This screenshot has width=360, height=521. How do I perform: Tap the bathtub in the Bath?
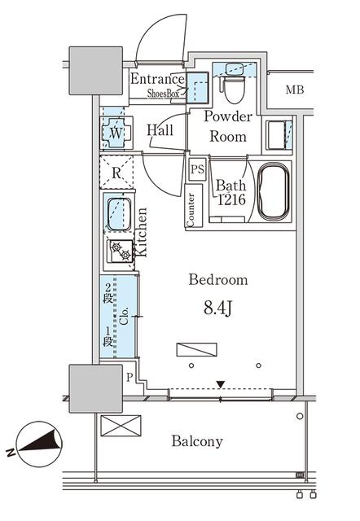click(x=274, y=192)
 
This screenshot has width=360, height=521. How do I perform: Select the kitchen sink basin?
click(x=119, y=214)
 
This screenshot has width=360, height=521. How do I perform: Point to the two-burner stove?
click(x=120, y=251)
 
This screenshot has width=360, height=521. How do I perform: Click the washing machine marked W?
click(x=116, y=133)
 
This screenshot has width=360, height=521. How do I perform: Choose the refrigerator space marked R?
click(x=116, y=173)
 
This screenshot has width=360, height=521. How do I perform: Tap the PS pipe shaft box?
click(x=197, y=169)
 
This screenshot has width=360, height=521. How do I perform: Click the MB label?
click(x=295, y=90)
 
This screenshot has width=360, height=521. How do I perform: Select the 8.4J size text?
click(x=217, y=308)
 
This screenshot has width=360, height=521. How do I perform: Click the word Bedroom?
click(x=218, y=280)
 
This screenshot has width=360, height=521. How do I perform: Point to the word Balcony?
click(x=197, y=441)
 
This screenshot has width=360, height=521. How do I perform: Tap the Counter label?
click(x=191, y=210)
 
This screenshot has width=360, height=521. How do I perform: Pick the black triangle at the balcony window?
click(x=221, y=384)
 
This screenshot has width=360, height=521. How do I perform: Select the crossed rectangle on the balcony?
click(x=121, y=426)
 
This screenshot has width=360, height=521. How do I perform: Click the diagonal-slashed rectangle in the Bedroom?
click(x=196, y=350)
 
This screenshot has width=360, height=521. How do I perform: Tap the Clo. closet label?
click(x=124, y=316)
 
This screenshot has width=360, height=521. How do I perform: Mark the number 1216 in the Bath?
click(x=231, y=199)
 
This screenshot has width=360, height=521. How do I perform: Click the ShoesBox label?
click(x=163, y=94)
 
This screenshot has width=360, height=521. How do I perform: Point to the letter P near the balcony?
click(x=130, y=377)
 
